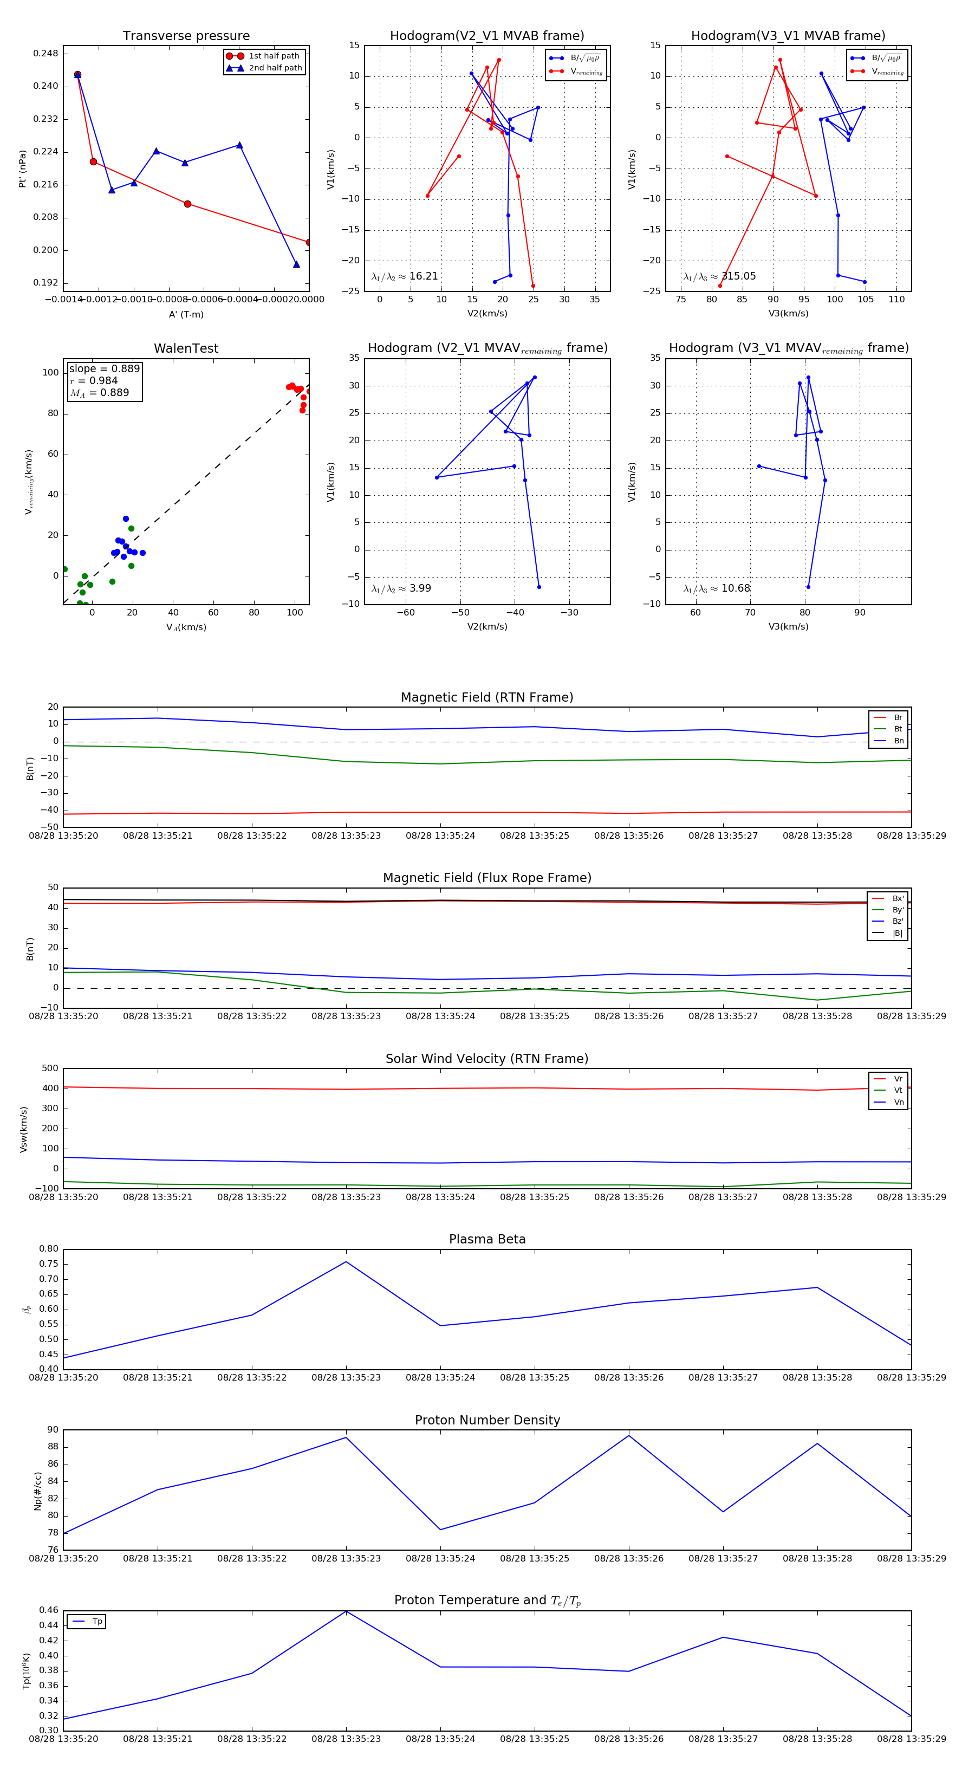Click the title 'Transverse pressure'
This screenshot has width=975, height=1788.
pos(186,36)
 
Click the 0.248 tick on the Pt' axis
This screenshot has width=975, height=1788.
pos(47,54)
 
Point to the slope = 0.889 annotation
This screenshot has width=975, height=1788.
pos(104,368)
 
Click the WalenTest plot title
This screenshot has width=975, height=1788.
pos(186,348)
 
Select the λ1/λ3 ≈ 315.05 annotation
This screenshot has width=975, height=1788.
pos(720,276)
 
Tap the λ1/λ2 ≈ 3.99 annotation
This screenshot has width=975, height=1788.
pos(401,588)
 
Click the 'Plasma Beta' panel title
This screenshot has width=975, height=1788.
pos(487,1239)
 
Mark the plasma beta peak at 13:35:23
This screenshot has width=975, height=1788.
pos(346,1262)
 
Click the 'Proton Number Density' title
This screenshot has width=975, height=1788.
pos(487,1420)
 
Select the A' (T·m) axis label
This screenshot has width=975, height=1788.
pos(186,314)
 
